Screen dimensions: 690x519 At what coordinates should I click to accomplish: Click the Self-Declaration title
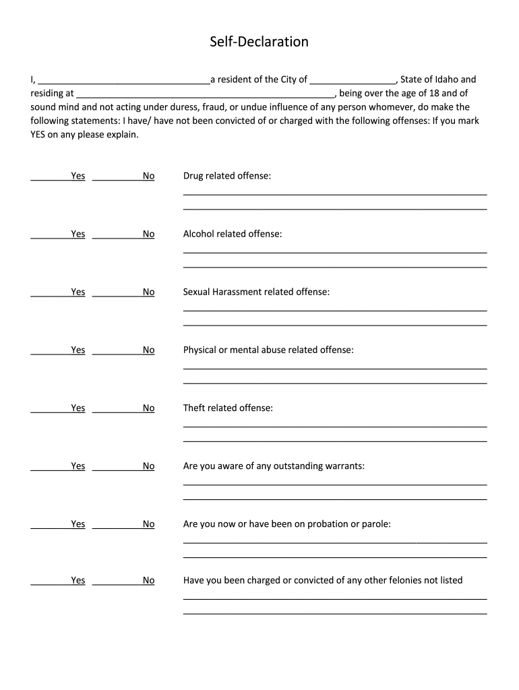[259, 42]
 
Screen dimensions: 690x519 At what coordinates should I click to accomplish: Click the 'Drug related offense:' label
[227, 176]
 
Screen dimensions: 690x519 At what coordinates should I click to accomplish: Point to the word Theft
[194, 408]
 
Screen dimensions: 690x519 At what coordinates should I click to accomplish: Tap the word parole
[375, 524]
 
